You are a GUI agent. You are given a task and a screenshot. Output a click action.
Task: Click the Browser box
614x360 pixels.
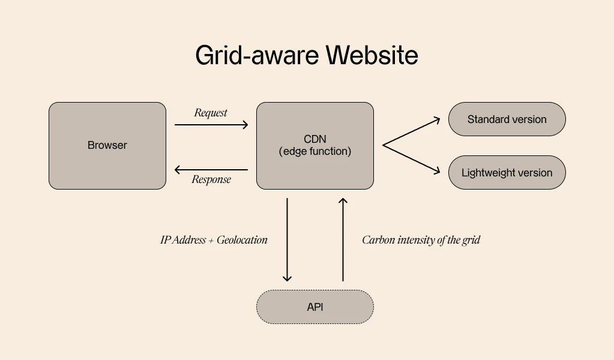pyautogui.click(x=107, y=146)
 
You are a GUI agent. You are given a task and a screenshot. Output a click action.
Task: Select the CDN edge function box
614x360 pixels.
pyautogui.click(x=315, y=146)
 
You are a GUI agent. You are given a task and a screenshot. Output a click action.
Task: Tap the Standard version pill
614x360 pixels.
pyautogui.click(x=507, y=119)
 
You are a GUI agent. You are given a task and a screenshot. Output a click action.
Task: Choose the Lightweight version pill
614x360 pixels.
pyautogui.click(x=507, y=173)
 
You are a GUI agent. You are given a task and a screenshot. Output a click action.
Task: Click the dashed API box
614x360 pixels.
pyautogui.click(x=315, y=307)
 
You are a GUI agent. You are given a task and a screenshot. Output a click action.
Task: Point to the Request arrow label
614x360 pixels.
pyautogui.click(x=211, y=113)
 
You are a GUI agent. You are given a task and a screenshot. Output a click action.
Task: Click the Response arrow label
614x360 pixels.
pyautogui.click(x=211, y=179)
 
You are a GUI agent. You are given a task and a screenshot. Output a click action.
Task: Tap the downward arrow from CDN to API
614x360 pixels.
pyautogui.click(x=287, y=240)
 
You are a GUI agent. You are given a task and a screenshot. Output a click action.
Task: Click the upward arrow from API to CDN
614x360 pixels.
pyautogui.click(x=343, y=240)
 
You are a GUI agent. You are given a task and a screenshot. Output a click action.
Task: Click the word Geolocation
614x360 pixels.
pyautogui.click(x=242, y=240)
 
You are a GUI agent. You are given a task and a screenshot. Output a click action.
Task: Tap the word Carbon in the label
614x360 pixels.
pyautogui.click(x=378, y=240)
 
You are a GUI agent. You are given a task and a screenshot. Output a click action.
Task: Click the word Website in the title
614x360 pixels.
pyautogui.click(x=372, y=56)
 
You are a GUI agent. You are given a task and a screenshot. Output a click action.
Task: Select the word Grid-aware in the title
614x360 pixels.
pyautogui.click(x=258, y=56)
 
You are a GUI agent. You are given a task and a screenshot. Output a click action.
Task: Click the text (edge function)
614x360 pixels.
pyautogui.click(x=315, y=152)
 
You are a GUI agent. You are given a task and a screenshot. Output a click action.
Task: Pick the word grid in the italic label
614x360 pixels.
pyautogui.click(x=471, y=240)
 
